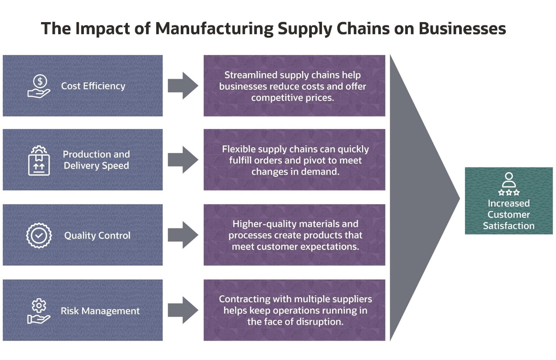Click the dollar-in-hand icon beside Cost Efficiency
pos(39,86)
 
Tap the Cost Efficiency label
pos(93,86)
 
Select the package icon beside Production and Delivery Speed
pos(39,161)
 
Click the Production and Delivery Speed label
pos(96,160)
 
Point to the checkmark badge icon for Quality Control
pos(39,235)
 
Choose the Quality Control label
pos(97,235)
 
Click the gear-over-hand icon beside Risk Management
pos(39,311)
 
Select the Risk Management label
pos(100,311)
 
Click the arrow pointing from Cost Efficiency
pos(183,85)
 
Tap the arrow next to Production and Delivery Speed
pos(183,160)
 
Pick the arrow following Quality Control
pos(183,235)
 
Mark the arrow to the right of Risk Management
pos(183,310)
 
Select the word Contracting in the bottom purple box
pos(244,299)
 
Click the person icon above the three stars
pos(509,180)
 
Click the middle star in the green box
pos(509,192)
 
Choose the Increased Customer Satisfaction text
pos(509,214)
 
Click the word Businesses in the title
pos(462,29)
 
